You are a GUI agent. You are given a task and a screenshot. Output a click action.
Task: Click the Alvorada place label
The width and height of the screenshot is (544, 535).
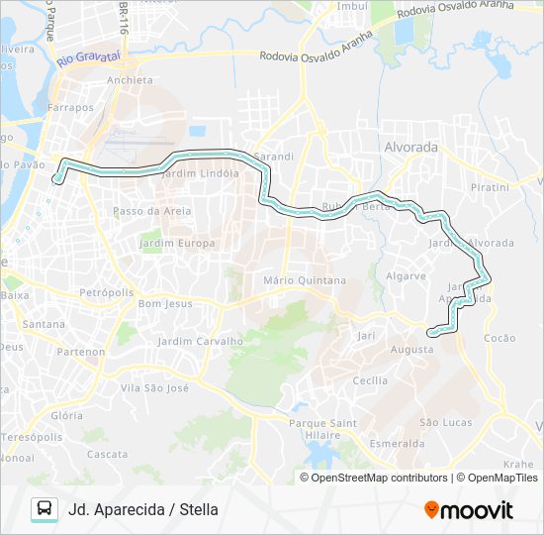pos(408,147)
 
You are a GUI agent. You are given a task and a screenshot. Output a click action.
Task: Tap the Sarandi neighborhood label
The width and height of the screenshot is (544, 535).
pos(274,157)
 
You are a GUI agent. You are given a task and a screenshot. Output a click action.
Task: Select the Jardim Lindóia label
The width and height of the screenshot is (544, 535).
pos(199,172)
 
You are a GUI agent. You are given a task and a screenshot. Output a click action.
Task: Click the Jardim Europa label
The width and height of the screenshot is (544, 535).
pos(177,243)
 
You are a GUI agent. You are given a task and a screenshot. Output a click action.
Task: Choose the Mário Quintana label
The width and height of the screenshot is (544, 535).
pos(305,280)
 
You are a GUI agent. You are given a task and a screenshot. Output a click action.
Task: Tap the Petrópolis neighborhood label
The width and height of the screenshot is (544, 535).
pos(106,293)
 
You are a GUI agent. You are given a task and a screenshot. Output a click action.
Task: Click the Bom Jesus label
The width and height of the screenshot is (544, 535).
pos(165,303)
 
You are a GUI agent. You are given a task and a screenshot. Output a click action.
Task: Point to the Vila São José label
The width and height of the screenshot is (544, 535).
pos(154,387)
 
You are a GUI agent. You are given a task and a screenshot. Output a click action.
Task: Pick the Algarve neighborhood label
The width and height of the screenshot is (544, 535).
pos(406,276)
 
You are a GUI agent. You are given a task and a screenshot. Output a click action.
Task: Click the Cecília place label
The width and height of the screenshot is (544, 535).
pos(370,380)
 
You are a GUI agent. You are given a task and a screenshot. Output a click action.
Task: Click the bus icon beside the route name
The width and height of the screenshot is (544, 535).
pos(44,510)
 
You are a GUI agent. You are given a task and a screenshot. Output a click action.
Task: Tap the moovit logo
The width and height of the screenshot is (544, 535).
pos(469,510)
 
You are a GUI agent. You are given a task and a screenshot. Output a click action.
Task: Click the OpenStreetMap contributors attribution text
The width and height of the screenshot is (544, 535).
pos(379,478)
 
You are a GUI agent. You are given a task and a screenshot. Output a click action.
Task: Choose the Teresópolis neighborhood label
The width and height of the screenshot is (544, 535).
pos(32,437)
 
